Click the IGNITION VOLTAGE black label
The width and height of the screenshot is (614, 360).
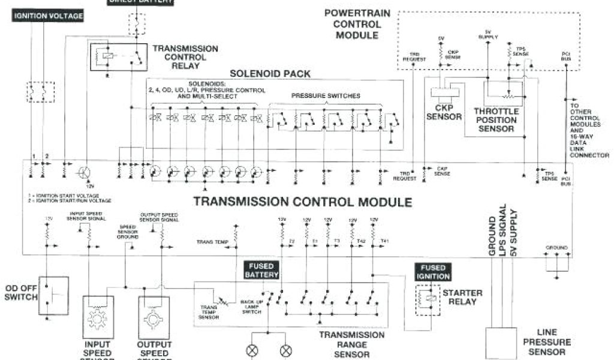coord(48,16)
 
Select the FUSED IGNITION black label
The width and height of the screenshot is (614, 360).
coord(432,272)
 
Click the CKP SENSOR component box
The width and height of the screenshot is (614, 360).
coord(444,92)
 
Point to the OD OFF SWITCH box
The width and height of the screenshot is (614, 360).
coord(53,295)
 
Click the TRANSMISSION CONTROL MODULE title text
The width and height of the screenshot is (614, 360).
coord(302,202)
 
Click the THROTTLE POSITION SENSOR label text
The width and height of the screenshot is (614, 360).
coord(496,120)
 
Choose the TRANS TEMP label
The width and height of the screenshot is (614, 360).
coord(212,242)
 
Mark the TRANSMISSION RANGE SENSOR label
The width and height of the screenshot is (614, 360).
coord(352,344)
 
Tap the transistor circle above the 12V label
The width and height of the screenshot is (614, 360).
coord(83,173)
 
